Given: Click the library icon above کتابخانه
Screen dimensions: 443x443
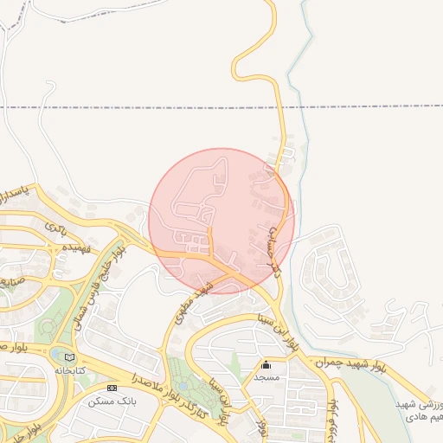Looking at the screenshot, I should (x=70, y=357).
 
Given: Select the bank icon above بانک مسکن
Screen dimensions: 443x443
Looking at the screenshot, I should (x=112, y=387).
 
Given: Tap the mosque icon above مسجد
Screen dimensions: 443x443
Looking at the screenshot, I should (x=266, y=365).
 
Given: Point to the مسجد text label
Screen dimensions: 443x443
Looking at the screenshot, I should (x=266, y=378).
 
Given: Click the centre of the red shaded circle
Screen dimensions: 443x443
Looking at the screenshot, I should (x=221, y=221).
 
